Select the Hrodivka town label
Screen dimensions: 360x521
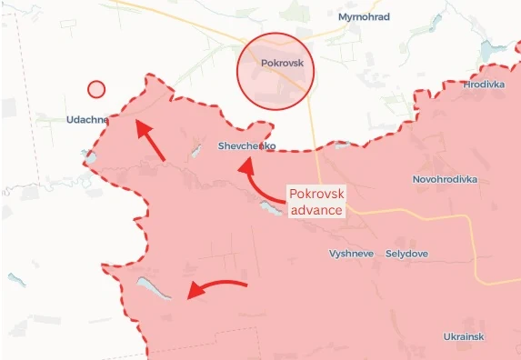pos(483,85)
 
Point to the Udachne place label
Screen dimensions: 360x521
pos(88,119)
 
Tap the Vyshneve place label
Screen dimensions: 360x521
pos(351,254)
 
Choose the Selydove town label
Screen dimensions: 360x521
pos(407,254)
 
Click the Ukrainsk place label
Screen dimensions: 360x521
pos(464,336)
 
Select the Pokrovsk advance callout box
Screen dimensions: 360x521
pos(316,202)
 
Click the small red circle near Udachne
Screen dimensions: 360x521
pos(96,89)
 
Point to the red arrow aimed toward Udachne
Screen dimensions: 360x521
pos(150,140)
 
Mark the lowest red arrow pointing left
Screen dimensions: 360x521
pos(215,288)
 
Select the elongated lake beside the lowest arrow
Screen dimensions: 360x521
pos(154,288)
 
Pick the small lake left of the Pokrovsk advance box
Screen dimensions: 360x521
pos(270,209)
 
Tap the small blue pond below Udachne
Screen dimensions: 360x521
pos(91,159)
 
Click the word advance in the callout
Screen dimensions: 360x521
pos(316,210)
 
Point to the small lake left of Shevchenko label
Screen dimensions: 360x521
pos(195,148)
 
